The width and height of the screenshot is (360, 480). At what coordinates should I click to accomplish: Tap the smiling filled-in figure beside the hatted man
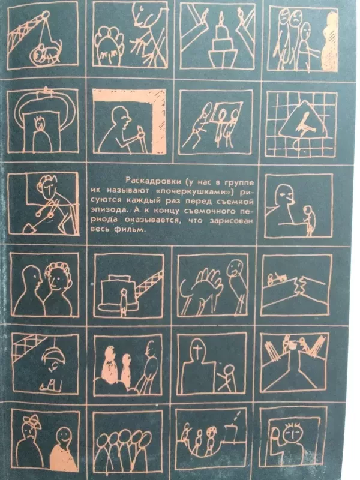(61, 444)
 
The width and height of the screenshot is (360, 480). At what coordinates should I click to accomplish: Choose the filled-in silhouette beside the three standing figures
(329, 36)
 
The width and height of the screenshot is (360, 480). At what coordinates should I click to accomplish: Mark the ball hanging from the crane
(44, 54)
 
